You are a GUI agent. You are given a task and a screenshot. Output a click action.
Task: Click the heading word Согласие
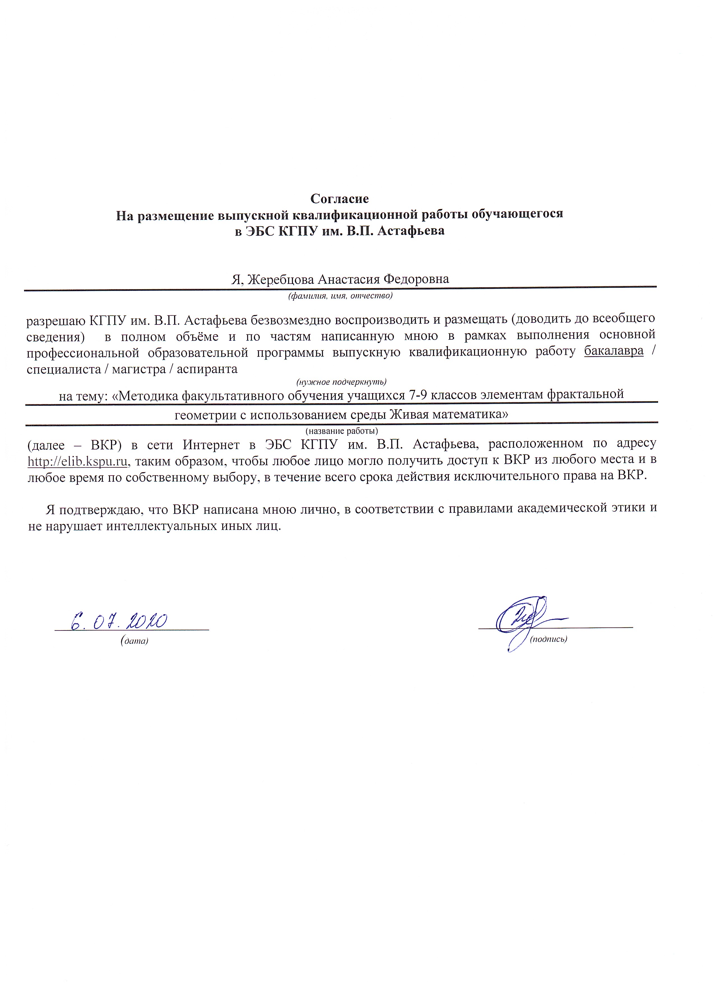pos(339,199)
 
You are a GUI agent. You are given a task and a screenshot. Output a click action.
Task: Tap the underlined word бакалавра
pos(614,351)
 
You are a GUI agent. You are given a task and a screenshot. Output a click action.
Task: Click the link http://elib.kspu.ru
pos(77,462)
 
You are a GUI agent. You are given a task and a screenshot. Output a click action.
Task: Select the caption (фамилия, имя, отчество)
pos(340,296)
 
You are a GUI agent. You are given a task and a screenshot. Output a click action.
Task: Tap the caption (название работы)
pos(342,431)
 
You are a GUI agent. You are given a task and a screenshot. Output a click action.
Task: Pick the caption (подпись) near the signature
pos(549,639)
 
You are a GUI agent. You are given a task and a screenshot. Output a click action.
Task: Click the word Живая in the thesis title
pos(408,415)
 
